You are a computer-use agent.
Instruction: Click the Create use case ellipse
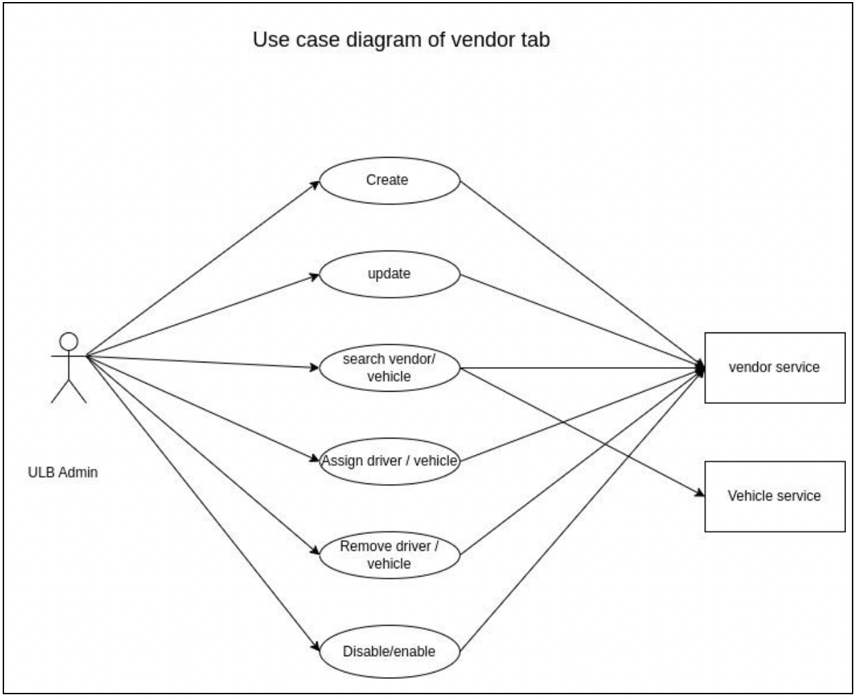tap(389, 180)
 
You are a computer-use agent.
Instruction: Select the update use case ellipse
tap(389, 274)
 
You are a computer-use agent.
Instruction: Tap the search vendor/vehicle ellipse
tap(389, 368)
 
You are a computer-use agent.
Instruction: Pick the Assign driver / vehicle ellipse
tap(389, 461)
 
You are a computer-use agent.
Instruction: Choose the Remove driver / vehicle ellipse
tap(389, 555)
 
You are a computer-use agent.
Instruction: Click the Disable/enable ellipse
tap(389, 651)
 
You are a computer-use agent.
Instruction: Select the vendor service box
tap(774, 368)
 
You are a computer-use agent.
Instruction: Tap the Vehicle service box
tap(774, 496)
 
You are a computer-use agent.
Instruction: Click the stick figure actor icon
tap(69, 368)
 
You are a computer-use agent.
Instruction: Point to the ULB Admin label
tap(63, 472)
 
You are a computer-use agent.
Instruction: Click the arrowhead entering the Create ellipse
tap(316, 183)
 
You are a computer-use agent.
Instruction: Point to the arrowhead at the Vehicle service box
tap(699, 493)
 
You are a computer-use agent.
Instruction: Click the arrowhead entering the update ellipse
tap(315, 275)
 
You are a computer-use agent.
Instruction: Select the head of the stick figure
tap(69, 341)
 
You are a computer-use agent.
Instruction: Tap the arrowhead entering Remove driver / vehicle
tap(315, 551)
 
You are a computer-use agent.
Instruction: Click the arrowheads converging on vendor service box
tap(700, 369)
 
